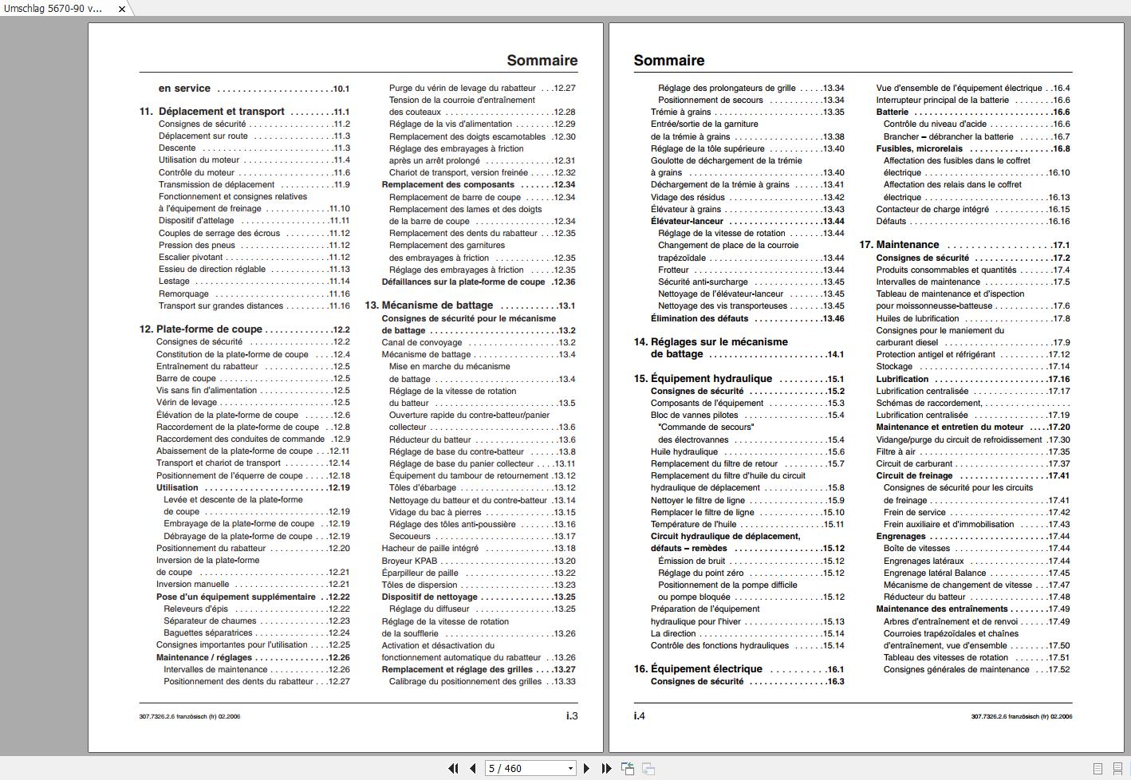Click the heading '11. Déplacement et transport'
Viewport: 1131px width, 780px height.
222,112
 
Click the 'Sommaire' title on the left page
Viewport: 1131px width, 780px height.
542,61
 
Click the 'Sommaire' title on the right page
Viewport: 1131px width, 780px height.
669,61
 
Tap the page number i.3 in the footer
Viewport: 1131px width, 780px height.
572,716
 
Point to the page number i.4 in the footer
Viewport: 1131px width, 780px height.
640,716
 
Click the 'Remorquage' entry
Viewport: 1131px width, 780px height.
183,293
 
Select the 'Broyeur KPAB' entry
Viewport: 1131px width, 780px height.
409,561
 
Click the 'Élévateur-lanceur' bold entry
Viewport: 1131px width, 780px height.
687,221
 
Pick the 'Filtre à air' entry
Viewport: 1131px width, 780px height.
896,451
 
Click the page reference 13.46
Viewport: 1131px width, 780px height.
833,318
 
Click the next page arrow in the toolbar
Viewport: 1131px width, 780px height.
587,769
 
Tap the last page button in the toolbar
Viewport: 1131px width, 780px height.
606,769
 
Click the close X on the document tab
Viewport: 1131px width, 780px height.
122,9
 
